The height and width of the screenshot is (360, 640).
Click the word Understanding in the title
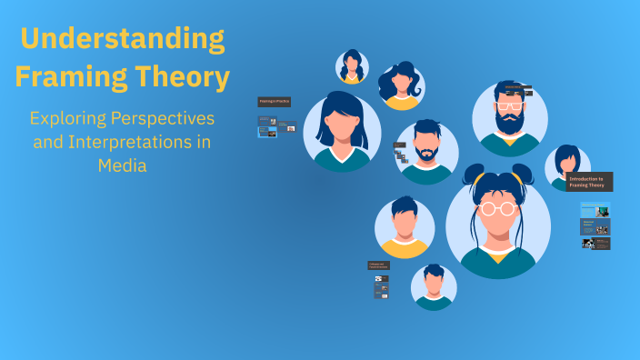click(x=122, y=38)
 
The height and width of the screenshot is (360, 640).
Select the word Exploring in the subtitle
click(x=69, y=119)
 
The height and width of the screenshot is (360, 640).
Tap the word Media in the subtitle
click(x=122, y=166)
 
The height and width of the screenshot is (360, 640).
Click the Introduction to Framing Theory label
click(x=589, y=181)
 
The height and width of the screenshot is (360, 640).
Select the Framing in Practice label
click(x=274, y=102)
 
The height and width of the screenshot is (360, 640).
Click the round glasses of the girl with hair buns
click(x=498, y=208)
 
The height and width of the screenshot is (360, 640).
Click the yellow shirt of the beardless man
click(x=405, y=245)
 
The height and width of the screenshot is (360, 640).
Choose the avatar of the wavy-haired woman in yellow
click(x=401, y=85)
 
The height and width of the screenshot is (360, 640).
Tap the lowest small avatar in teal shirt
click(x=434, y=287)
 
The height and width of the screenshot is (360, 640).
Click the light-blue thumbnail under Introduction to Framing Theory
click(x=589, y=208)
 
